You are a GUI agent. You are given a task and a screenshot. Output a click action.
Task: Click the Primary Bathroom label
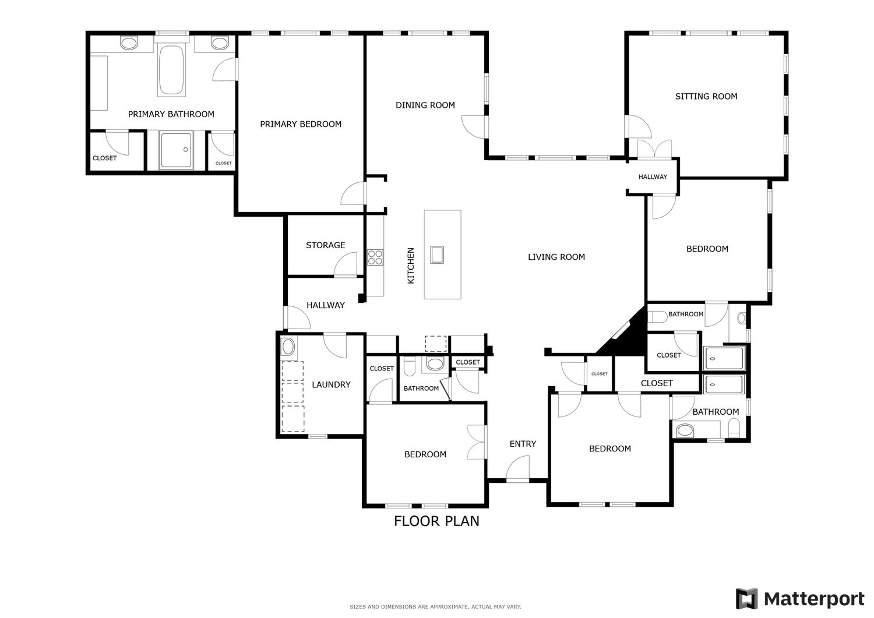tap(171, 114)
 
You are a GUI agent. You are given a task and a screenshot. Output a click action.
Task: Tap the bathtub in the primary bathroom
tap(171, 70)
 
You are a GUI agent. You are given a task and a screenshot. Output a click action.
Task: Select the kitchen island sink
tap(437, 255)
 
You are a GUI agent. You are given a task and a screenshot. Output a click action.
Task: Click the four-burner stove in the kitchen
tap(375, 257)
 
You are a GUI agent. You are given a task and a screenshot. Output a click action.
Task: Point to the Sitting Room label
tap(706, 96)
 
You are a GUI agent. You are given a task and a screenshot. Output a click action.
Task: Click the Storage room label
tap(325, 245)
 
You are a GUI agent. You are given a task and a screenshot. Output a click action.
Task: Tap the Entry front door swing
tap(518, 468)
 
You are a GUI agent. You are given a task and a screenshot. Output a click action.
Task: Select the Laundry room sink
tap(288, 347)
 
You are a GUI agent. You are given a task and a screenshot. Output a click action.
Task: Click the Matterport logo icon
tap(747, 599)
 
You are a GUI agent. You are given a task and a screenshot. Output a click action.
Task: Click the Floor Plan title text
tap(436, 521)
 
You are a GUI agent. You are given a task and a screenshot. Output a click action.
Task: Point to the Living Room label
tap(556, 257)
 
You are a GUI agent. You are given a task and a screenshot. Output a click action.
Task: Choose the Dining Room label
tap(425, 105)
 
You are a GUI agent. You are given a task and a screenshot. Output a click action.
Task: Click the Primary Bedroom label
tap(301, 125)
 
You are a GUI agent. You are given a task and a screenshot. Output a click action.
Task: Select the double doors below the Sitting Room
tap(654, 149)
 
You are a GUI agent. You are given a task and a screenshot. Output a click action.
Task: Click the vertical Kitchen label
tap(411, 266)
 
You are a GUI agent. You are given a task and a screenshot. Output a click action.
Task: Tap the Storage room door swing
tap(346, 265)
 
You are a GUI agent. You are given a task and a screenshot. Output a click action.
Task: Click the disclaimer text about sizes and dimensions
tap(435, 607)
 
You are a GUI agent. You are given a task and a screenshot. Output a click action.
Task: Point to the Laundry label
tap(332, 384)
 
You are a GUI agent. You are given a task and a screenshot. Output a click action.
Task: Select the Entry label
tap(523, 444)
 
